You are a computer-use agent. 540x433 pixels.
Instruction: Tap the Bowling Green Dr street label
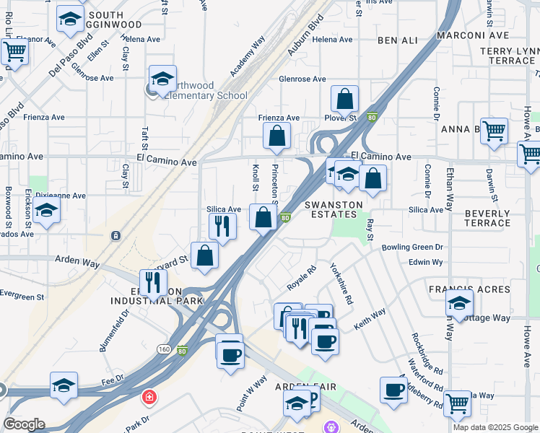412,247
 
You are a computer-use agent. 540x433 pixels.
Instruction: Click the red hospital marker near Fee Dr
149,397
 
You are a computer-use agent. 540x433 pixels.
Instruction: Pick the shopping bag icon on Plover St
345,100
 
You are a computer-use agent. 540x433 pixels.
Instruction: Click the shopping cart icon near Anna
495,131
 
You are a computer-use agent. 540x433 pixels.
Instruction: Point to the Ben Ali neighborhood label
397,41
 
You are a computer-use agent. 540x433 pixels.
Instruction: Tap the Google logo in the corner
24,424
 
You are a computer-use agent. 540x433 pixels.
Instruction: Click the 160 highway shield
164,349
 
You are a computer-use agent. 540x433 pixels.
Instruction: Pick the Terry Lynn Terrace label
510,56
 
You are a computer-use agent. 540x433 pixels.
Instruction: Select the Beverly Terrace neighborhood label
488,219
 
